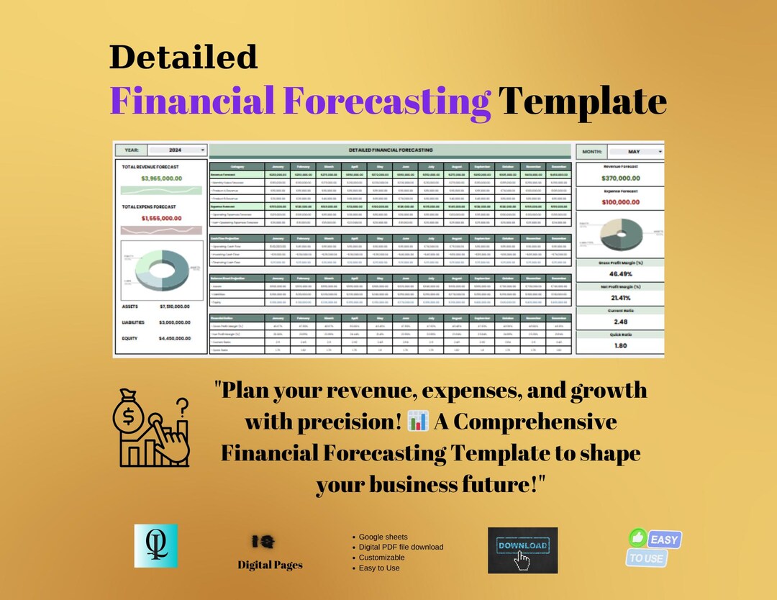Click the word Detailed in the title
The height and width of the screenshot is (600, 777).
pos(183,57)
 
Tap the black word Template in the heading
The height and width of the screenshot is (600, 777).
pos(583,100)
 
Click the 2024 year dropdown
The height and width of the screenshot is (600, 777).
pos(177,150)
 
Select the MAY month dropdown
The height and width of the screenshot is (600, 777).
pos(635,152)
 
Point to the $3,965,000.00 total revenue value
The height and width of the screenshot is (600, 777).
pos(161,178)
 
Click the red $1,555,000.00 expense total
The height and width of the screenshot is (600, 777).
pos(161,218)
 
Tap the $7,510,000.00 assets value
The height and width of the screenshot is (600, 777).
pos(175,306)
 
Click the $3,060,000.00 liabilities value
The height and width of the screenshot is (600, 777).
pos(175,323)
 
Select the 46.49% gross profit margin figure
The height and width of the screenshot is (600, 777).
pos(619,274)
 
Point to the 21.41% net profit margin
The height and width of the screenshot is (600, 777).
pos(619,298)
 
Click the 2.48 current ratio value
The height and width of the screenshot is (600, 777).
pos(619,322)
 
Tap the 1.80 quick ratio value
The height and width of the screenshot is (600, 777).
pos(619,345)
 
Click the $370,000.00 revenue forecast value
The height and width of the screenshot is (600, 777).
pos(619,178)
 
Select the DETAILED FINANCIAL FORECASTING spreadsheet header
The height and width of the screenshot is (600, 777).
pos(391,150)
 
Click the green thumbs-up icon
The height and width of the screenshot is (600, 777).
pos(638,537)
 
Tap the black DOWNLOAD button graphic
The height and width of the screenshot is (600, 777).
pos(522,550)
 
